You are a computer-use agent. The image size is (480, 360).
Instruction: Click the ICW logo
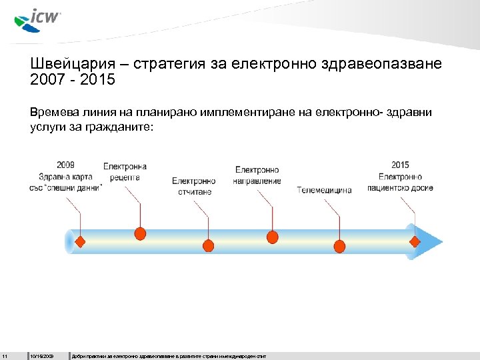37,19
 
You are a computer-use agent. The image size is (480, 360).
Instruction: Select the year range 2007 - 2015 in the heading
73,81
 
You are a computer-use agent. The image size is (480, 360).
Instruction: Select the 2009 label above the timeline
65,165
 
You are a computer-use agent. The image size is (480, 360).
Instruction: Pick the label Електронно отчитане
194,186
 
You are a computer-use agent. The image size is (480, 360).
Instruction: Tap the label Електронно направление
257,175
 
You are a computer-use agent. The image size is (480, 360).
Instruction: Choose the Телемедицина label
325,190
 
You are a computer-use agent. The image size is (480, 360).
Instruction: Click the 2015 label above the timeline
401,165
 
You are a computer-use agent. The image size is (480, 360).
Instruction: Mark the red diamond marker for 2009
80,241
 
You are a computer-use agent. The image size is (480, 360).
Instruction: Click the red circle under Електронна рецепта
140,233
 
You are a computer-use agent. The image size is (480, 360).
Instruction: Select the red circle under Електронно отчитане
208,246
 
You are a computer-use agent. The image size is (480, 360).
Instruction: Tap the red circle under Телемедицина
340,247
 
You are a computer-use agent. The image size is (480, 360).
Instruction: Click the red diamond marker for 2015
415,241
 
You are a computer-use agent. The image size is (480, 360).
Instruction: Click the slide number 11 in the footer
5,354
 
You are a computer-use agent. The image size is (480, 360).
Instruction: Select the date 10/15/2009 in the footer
42,354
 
